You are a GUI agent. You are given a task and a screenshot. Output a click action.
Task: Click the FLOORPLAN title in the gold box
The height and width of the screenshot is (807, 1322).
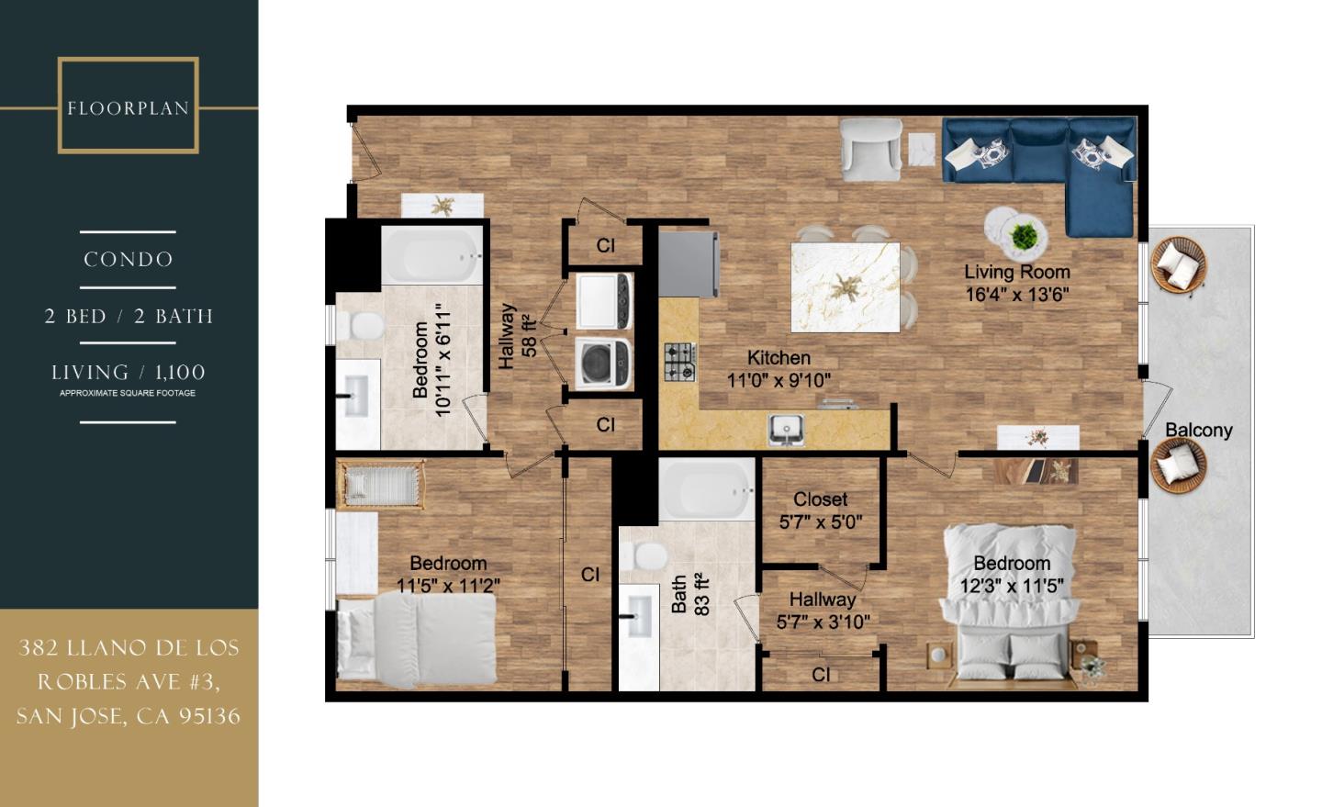(x=128, y=108)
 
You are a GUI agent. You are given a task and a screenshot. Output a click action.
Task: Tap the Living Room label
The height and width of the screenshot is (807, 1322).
(x=1016, y=272)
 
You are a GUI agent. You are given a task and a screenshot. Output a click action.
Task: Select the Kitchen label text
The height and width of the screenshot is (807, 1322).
(x=779, y=358)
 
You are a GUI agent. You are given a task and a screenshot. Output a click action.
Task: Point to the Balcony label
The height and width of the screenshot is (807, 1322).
(x=1198, y=430)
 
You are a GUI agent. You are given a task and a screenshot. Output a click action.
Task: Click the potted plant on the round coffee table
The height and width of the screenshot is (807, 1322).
(x=1023, y=235)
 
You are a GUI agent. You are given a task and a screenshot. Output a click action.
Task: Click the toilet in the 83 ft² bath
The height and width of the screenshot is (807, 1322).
(x=643, y=555)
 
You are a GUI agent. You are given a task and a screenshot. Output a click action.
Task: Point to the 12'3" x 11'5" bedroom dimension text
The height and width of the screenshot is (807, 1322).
(x=1012, y=586)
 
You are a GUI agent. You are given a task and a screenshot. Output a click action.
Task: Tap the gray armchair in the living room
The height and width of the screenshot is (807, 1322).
(x=872, y=150)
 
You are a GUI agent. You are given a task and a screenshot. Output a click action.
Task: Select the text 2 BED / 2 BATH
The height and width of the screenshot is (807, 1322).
(x=129, y=316)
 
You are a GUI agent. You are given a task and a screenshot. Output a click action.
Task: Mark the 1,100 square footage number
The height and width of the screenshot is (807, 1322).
(x=179, y=372)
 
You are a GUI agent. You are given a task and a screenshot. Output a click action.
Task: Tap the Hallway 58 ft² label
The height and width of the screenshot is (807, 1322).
(x=517, y=336)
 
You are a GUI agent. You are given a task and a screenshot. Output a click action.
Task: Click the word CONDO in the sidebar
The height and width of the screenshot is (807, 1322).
(x=128, y=260)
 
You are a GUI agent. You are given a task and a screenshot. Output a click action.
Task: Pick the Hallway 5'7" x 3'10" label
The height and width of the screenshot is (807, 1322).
(x=823, y=611)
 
